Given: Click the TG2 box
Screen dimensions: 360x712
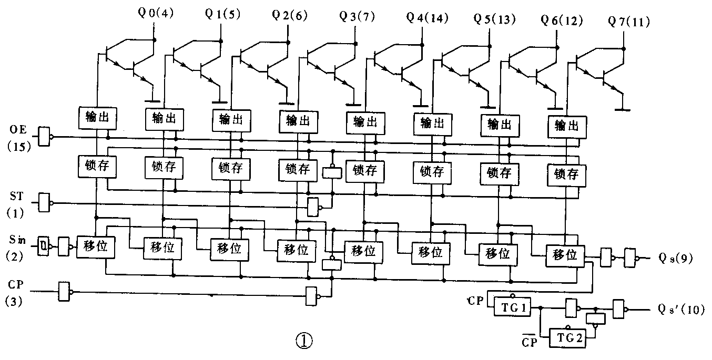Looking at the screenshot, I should [567, 339].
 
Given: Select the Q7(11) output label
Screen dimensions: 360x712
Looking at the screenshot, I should [628, 23].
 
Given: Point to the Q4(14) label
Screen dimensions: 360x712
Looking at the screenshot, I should [428, 17].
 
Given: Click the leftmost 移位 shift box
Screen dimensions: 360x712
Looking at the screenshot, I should [95, 247].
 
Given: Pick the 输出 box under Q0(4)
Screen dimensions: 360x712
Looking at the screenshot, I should [97, 117].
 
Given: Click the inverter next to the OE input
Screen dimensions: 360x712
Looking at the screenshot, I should [46, 136].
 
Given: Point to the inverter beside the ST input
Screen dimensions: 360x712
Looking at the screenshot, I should [46, 201].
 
